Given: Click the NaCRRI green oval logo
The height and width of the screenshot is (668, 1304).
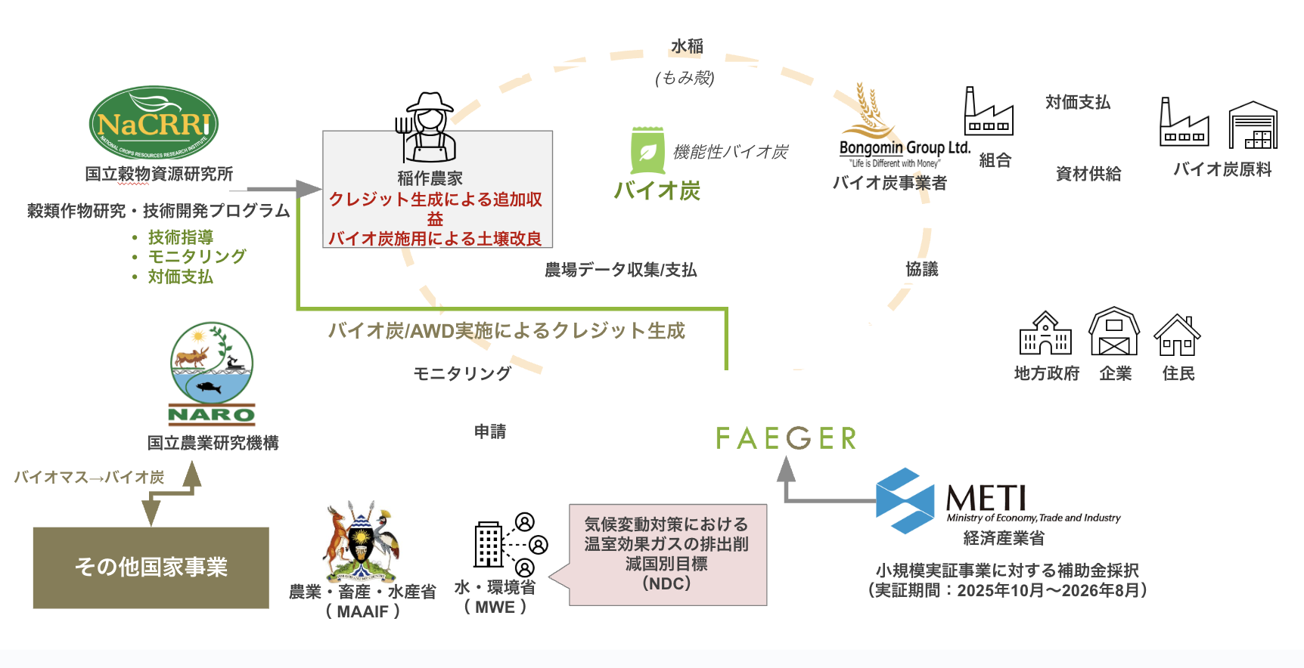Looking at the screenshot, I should point(154,123).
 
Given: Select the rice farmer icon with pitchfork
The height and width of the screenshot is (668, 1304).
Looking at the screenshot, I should point(427,128).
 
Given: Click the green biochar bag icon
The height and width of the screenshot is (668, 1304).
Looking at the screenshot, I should point(647,151).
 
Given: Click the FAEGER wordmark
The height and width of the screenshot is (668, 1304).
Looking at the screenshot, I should point(786,438).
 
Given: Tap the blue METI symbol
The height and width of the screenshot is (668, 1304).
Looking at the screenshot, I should point(905,501).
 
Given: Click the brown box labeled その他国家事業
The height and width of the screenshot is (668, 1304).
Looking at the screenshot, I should point(151,567).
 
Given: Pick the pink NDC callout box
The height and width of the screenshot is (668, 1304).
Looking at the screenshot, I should point(667,555).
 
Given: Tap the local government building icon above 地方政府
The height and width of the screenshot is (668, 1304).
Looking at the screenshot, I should point(1045,334).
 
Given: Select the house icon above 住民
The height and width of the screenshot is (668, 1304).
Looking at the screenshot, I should point(1177,336).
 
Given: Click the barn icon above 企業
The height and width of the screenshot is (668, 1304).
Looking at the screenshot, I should point(1114,332).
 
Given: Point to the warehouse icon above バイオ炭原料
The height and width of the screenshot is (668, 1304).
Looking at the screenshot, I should point(1253,125).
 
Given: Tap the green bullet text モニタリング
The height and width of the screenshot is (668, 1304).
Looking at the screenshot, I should point(197,257).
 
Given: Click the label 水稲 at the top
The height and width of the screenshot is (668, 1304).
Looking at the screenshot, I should point(687,47).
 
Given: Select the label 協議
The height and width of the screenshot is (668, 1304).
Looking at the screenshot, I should point(921,270).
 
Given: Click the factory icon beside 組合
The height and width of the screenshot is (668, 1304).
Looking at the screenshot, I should point(988,112).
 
